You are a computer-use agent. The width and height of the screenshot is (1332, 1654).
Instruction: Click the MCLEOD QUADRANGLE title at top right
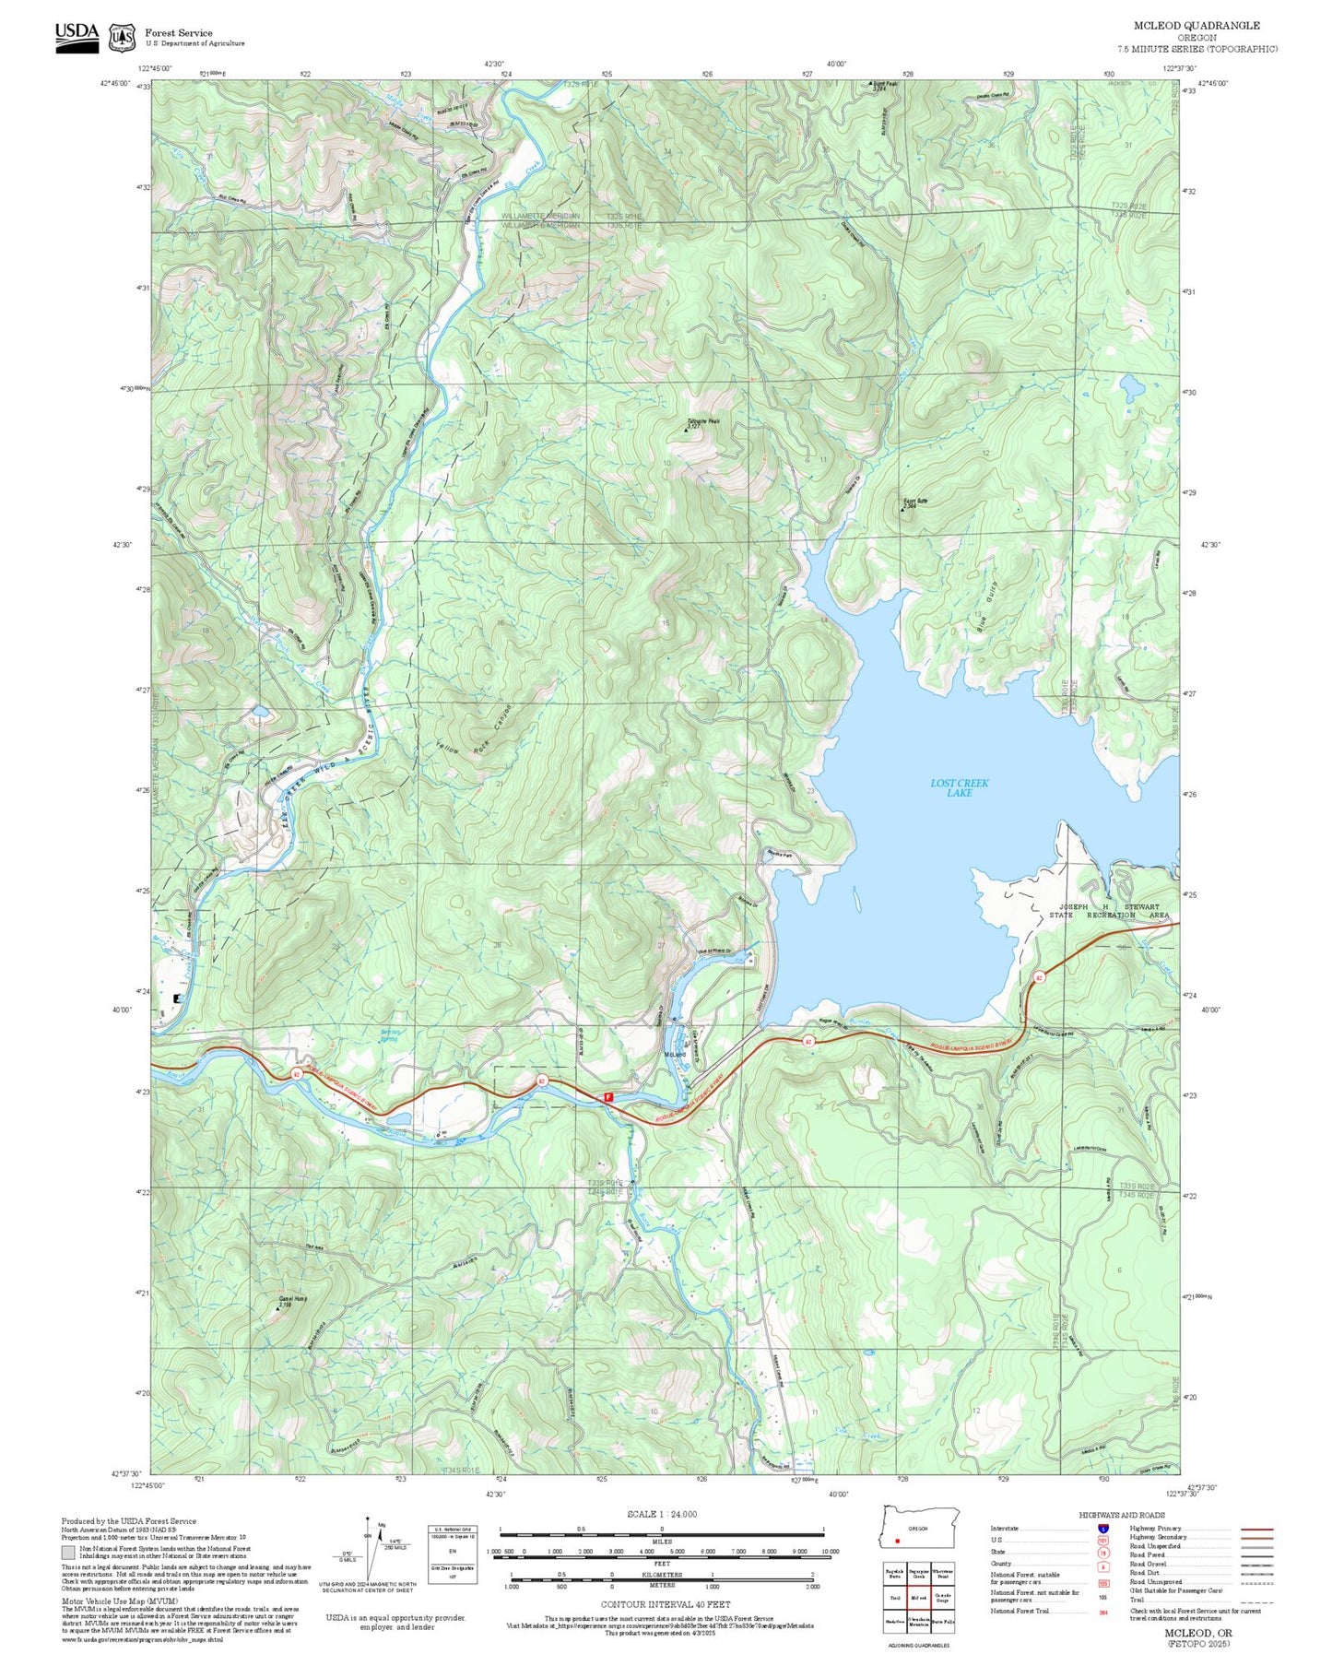click(1196, 25)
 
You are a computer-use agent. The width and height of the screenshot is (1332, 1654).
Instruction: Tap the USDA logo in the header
click(77, 37)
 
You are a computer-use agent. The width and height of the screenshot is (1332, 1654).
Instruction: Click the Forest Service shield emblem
click(122, 38)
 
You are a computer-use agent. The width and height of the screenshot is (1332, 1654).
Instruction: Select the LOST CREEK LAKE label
click(959, 787)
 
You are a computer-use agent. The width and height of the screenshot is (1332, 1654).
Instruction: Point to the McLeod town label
click(675, 1054)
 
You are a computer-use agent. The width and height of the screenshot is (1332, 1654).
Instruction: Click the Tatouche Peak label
click(702, 422)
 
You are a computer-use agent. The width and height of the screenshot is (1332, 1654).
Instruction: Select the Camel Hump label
click(292, 1300)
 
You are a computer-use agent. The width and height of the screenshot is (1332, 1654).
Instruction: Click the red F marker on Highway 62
click(607, 1096)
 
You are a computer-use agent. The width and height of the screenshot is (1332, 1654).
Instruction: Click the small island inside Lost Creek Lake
click(857, 896)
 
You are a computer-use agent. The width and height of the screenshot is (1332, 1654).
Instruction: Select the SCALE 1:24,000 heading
click(661, 1514)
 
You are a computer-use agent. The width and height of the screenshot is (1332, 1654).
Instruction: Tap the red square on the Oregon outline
click(897, 1541)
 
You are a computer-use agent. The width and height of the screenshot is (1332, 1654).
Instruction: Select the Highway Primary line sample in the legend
click(1256, 1529)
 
